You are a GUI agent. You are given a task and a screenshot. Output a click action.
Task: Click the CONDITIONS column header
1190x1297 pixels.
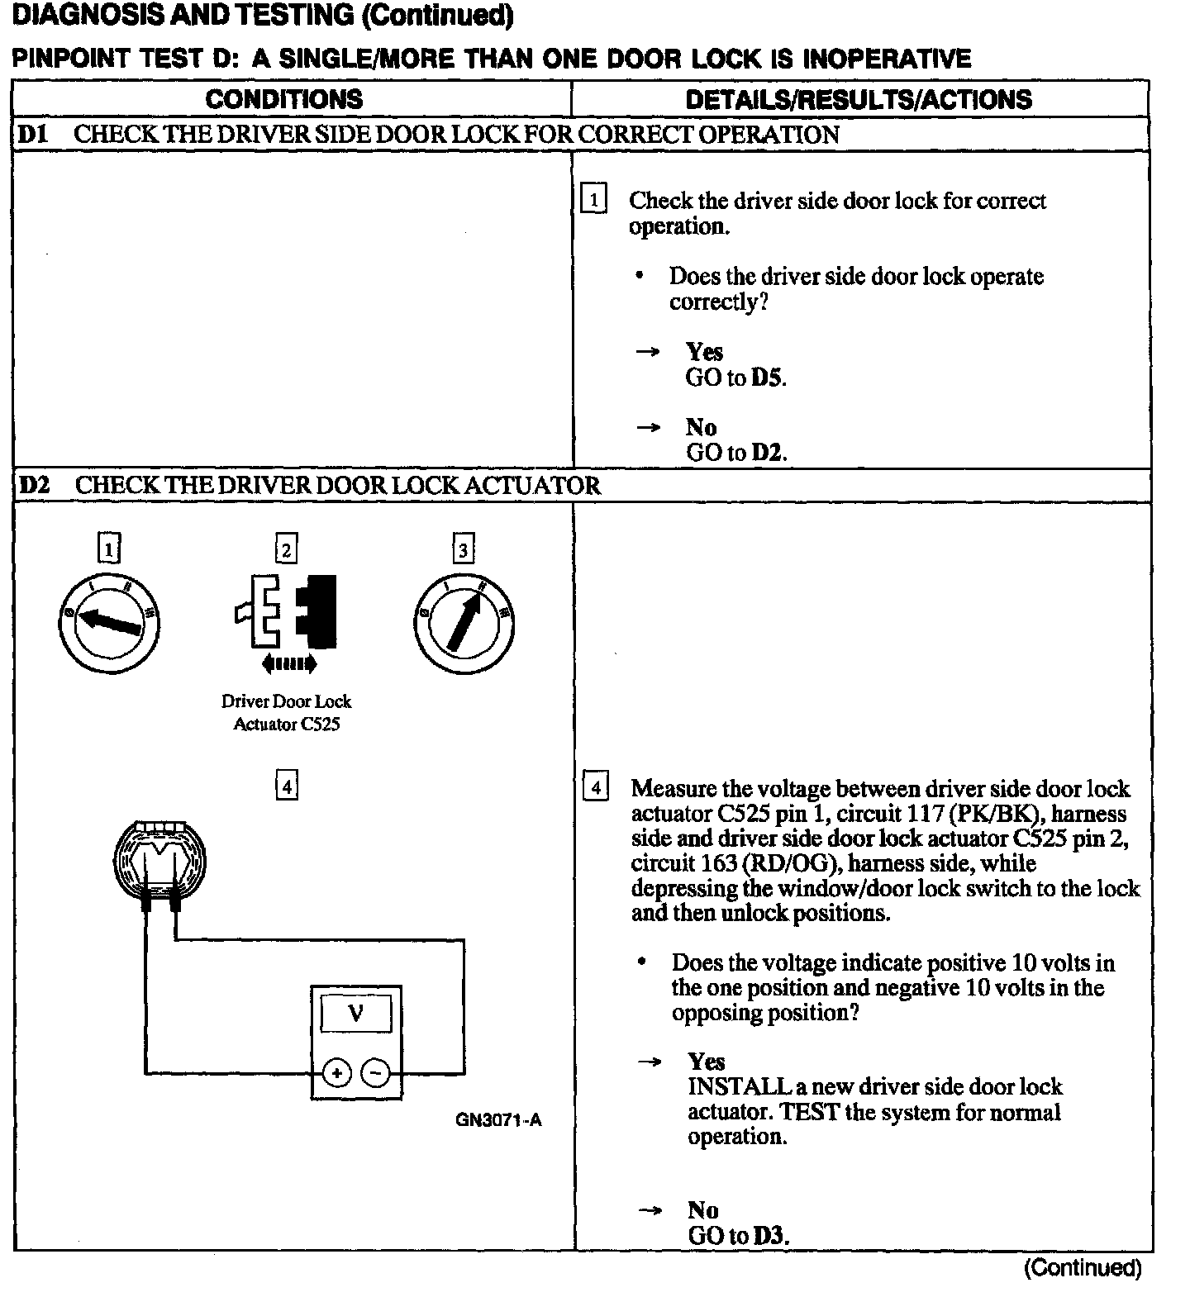coord(283,99)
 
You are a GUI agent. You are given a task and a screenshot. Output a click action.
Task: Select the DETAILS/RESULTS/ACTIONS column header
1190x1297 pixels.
coord(859,99)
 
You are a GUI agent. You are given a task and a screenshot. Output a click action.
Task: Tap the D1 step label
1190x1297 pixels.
coord(33,135)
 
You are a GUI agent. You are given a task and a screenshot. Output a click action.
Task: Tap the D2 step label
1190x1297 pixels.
coord(34,485)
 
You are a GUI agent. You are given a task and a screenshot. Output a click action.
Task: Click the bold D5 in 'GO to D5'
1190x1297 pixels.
coord(766,378)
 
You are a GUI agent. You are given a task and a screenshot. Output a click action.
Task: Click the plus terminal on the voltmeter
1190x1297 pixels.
coord(336,1073)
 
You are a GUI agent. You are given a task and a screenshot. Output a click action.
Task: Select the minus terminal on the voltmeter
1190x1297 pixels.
coord(376,1073)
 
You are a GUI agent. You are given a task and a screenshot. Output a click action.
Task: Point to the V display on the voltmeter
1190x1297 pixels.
coord(356,1013)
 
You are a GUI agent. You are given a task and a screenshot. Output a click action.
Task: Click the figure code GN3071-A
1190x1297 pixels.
coord(498,1120)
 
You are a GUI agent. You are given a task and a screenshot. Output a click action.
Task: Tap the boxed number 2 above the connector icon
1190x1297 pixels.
coord(286,549)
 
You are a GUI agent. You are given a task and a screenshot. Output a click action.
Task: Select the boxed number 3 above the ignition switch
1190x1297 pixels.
coord(463,549)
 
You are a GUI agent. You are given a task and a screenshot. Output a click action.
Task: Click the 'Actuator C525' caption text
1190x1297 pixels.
coord(286,725)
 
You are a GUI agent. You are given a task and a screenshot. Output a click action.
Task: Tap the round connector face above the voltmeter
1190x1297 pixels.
coord(159,861)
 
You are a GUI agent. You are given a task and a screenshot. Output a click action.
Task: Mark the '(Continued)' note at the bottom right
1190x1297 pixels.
coord(1083,1267)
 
